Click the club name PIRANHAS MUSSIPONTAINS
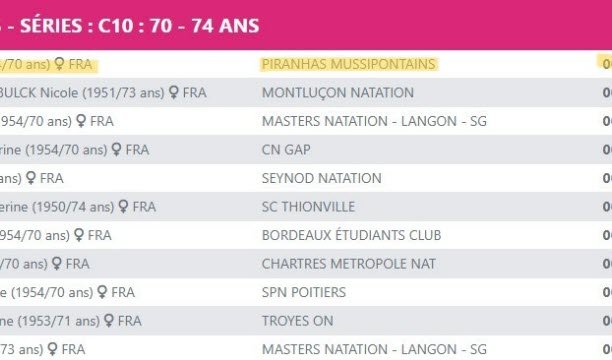[x=348, y=64]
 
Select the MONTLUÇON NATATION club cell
[x=337, y=93]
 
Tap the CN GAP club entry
[x=286, y=150]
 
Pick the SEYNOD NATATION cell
[x=321, y=178]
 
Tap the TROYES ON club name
[x=298, y=321]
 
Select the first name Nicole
[x=60, y=93]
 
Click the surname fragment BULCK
[x=17, y=93]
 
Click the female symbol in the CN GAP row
[x=116, y=150]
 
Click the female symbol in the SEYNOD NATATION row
[x=32, y=178]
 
